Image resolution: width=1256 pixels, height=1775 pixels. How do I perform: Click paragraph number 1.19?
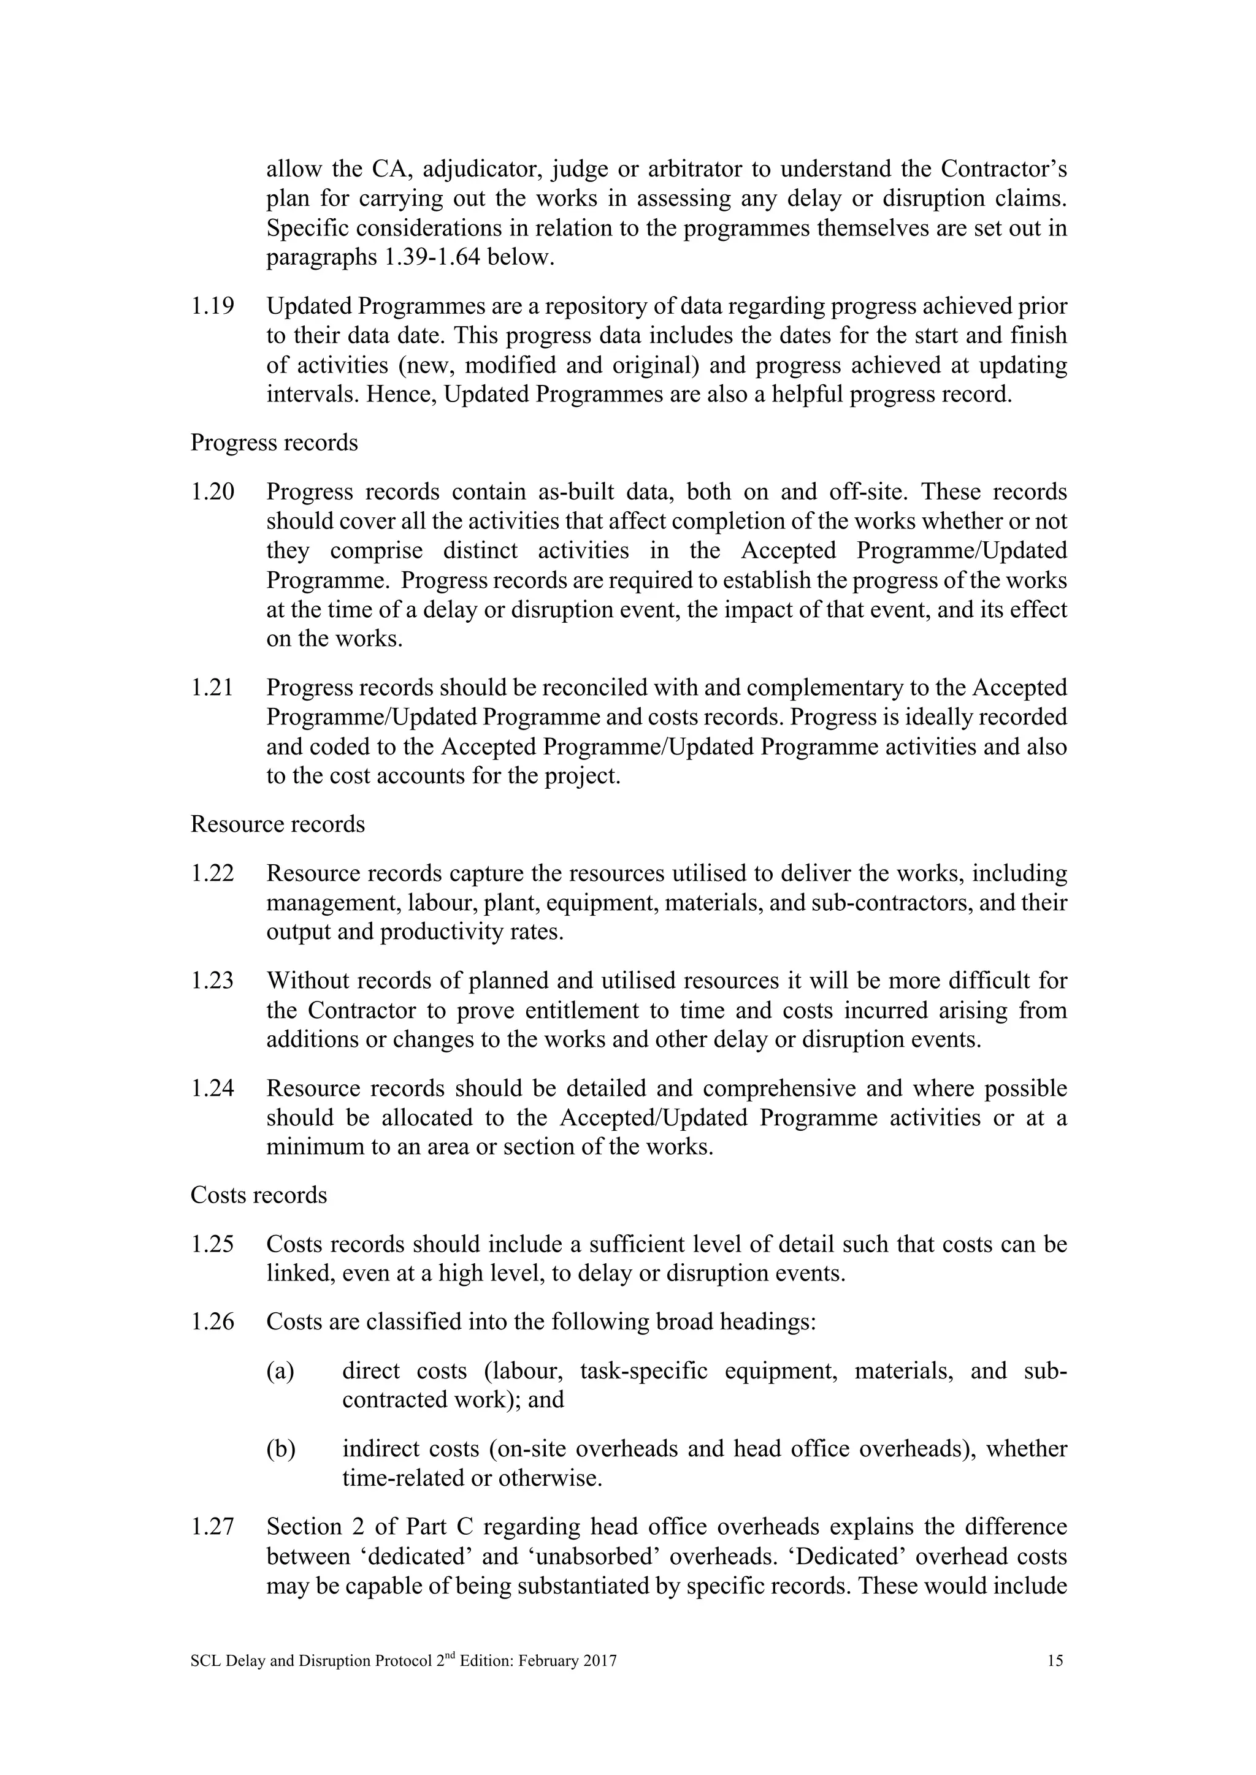212,307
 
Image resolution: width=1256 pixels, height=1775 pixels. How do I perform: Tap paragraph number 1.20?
212,492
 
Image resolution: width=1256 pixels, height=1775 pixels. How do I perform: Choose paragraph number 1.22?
212,873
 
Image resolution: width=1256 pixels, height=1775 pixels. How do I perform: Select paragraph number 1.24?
212,1089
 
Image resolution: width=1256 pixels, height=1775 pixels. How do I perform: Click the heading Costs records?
258,1195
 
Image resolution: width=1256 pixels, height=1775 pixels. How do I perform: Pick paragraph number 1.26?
212,1322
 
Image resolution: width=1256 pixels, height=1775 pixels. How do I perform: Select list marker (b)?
281,1449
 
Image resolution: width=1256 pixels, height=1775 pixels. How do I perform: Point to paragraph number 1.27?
212,1527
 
